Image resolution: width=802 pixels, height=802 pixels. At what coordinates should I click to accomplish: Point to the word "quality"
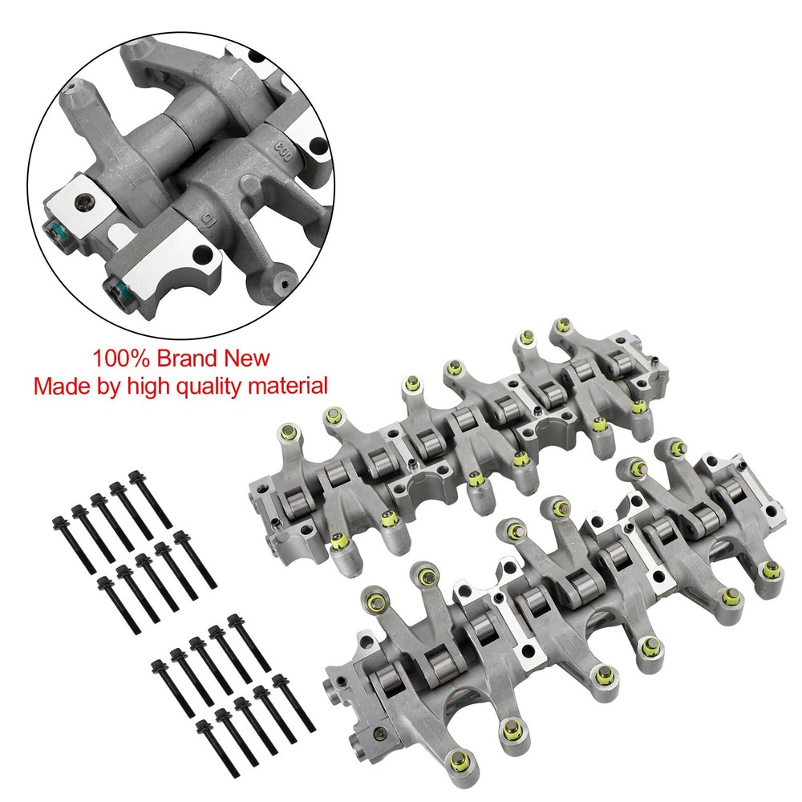coord(213,386)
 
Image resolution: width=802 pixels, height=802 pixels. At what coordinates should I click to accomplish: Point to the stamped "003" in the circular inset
coord(283,151)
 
